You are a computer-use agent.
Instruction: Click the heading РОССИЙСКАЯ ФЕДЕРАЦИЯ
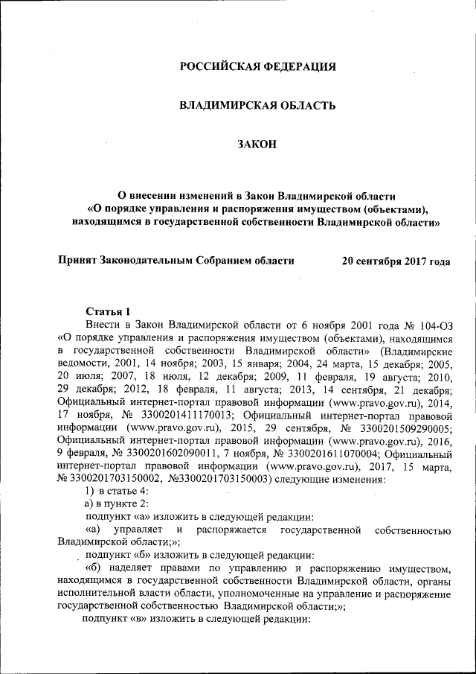(258, 67)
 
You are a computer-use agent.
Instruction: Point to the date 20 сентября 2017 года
(396, 261)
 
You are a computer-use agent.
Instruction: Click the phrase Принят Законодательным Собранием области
(176, 261)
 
